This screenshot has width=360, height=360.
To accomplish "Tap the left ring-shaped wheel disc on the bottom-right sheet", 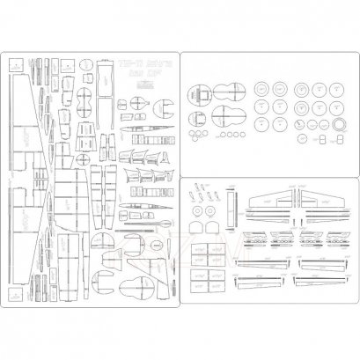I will [209, 212].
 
